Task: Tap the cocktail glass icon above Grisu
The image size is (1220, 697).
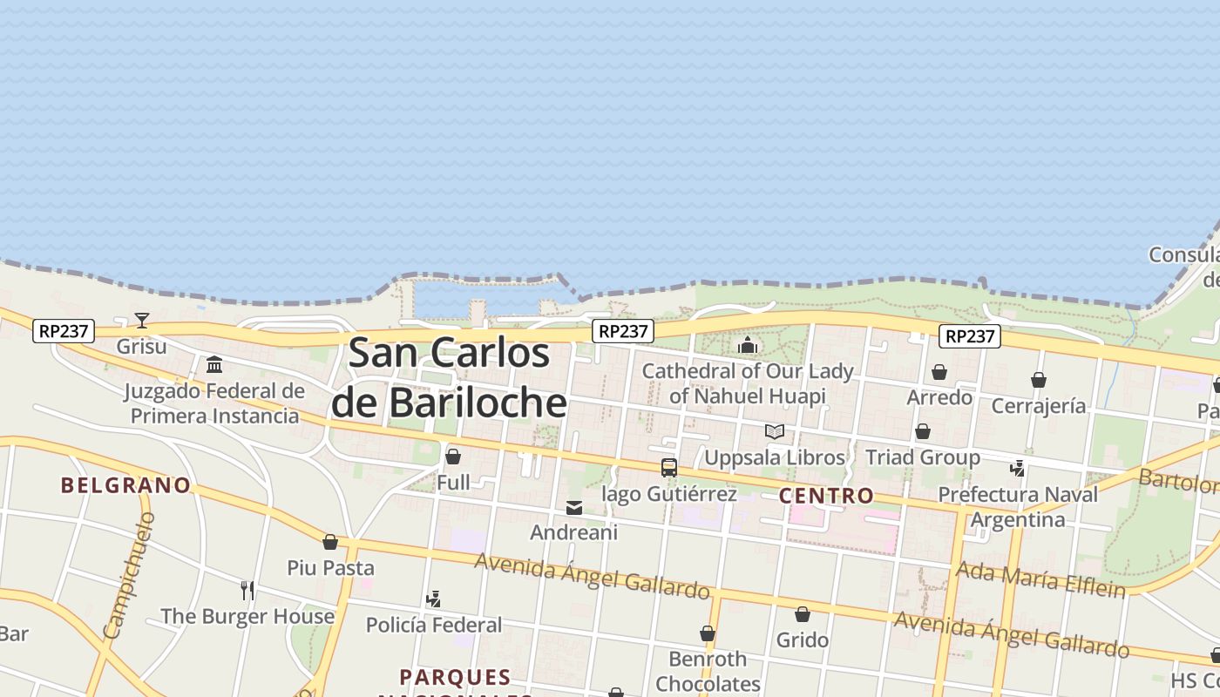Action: (x=142, y=321)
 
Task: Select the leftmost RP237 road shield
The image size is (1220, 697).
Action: (x=64, y=331)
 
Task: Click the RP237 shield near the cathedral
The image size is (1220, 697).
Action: (x=622, y=331)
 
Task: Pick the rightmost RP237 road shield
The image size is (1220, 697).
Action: (x=970, y=336)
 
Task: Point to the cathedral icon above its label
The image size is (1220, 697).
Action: (x=748, y=345)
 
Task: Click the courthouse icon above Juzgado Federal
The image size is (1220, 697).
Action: (x=214, y=364)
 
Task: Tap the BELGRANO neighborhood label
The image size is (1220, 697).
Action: (x=125, y=485)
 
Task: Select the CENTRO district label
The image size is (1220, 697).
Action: (x=826, y=496)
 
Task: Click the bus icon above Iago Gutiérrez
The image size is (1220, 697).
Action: (x=669, y=468)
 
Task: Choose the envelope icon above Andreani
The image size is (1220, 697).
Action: (x=574, y=508)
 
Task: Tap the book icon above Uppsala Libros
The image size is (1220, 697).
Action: (x=774, y=431)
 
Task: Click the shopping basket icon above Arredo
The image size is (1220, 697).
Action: (x=939, y=373)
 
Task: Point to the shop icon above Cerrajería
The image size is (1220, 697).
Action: (x=1039, y=381)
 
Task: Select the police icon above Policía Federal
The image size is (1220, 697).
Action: (x=433, y=599)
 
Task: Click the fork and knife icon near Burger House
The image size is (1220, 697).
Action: (x=247, y=591)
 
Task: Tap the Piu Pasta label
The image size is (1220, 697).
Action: (x=331, y=568)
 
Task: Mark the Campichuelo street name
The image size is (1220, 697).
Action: (x=129, y=575)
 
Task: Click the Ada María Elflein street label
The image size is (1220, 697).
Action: (x=1040, y=580)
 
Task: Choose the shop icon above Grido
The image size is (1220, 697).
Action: (x=803, y=615)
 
